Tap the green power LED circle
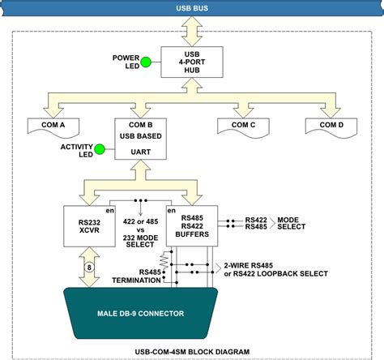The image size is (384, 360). [146, 62]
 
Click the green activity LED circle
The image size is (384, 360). [99, 148]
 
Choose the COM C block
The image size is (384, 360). [241, 126]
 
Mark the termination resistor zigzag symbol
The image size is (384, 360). [163, 260]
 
